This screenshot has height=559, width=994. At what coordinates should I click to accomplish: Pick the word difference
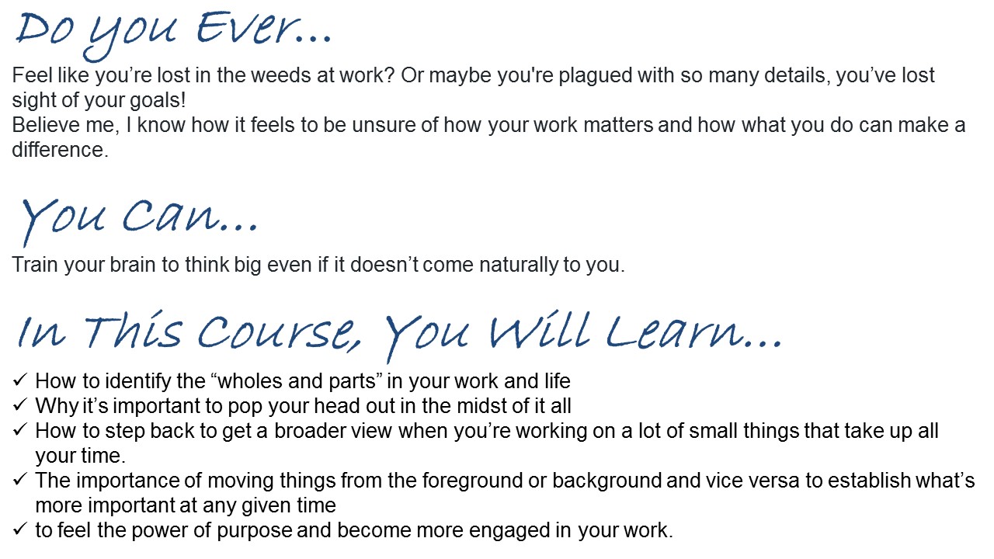(61, 150)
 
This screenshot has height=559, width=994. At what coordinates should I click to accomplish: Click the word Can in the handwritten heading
(171, 217)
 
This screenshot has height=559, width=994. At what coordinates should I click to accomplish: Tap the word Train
(35, 265)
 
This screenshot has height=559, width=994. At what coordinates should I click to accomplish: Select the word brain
(132, 265)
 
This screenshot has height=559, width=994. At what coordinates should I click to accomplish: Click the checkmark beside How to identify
(20, 380)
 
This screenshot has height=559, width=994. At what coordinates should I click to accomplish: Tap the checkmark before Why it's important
(20, 404)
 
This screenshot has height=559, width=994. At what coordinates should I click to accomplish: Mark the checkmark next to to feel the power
(20, 529)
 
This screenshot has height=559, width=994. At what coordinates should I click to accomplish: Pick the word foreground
(471, 481)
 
